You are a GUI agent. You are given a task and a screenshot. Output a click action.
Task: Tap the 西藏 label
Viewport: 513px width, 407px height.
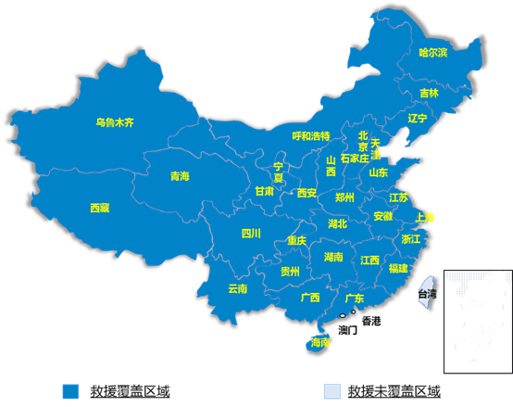(x=99, y=208)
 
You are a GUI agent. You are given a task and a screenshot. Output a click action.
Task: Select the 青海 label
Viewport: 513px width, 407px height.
(x=180, y=176)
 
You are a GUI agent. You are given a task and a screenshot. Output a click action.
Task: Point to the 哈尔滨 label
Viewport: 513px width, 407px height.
(x=432, y=53)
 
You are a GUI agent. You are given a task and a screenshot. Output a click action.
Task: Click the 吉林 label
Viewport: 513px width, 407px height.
(x=429, y=93)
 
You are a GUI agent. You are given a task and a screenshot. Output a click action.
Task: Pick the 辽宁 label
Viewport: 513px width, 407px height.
(x=417, y=119)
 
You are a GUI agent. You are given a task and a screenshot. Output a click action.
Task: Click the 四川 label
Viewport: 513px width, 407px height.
(x=251, y=233)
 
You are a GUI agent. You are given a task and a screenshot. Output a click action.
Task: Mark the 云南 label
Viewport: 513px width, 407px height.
(x=237, y=288)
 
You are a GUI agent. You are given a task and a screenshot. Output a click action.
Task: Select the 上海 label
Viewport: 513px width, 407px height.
(x=425, y=217)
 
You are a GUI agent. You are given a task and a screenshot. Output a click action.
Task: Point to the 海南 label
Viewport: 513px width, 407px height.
(x=320, y=343)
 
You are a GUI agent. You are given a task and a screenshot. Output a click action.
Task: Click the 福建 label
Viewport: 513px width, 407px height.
(x=398, y=268)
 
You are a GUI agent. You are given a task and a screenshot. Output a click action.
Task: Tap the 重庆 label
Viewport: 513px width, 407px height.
(x=296, y=240)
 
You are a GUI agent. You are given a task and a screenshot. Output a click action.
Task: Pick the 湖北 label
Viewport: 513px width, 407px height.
(x=338, y=223)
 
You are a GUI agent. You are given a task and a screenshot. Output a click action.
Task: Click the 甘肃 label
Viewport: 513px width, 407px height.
(x=265, y=191)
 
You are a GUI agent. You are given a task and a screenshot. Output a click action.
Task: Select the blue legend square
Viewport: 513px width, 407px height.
(x=70, y=390)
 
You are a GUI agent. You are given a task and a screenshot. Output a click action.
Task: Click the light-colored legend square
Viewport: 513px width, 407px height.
(x=331, y=390)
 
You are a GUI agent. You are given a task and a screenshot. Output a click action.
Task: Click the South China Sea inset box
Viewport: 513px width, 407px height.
(x=477, y=318)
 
